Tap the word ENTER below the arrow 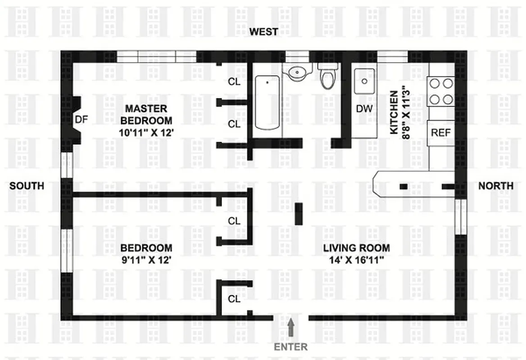click(291, 347)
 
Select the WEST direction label click(264, 31)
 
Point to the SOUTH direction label click(27, 185)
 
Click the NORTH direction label click(495, 185)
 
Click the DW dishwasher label click(364, 108)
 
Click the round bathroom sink click(297, 72)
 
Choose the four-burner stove click(441, 91)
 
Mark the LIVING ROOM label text click(356, 248)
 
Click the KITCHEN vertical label click(394, 112)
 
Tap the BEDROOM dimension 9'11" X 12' click(146, 260)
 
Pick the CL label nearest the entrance click(234, 299)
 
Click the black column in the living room click(299, 214)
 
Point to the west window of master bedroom click(156, 57)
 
